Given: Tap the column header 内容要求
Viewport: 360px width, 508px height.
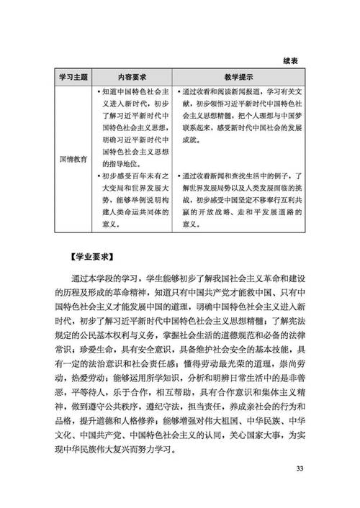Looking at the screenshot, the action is click(x=133, y=76).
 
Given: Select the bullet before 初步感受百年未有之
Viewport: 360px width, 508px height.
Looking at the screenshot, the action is click(x=99, y=173).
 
